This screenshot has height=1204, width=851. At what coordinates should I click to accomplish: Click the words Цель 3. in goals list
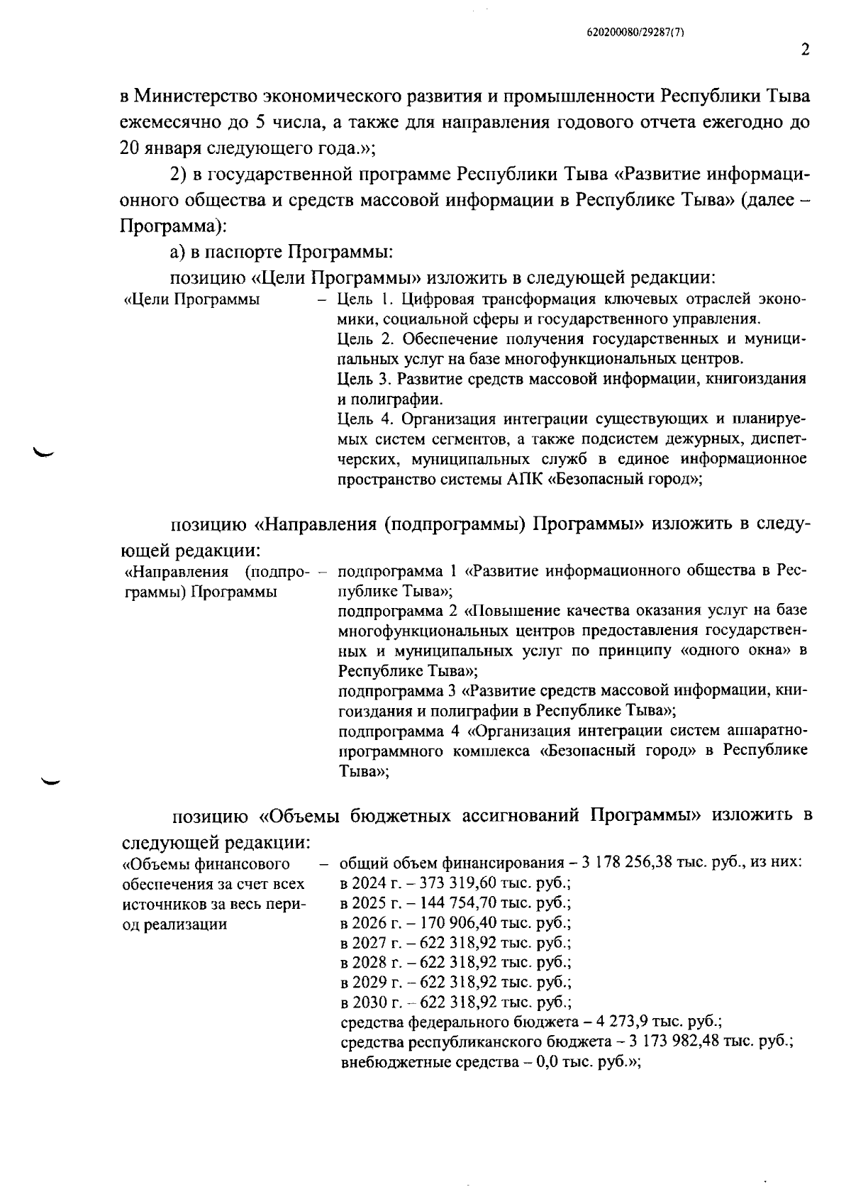coord(361,379)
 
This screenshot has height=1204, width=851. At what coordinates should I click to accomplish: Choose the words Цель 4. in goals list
coord(361,419)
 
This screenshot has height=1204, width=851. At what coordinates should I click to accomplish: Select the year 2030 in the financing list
coord(369,1003)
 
